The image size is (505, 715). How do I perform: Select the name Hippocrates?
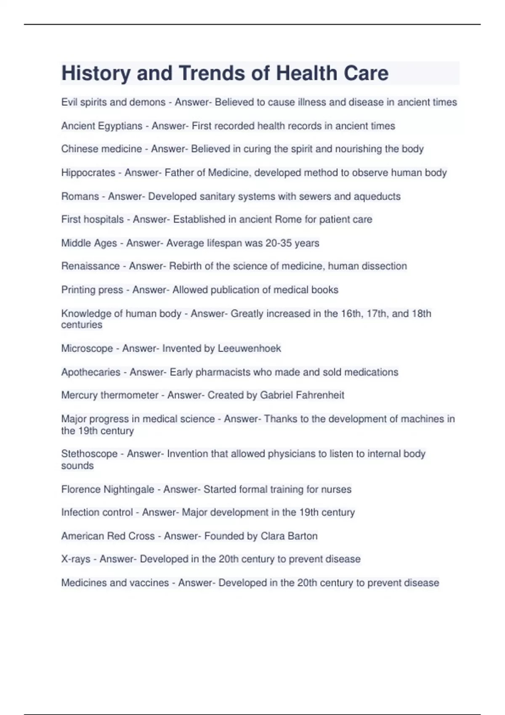88,173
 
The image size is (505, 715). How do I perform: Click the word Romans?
80,196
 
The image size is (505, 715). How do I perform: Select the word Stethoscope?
89,454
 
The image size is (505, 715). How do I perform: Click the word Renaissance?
90,266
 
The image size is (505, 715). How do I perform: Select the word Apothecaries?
91,372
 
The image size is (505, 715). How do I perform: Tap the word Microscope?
87,349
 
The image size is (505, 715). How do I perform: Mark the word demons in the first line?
148,103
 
